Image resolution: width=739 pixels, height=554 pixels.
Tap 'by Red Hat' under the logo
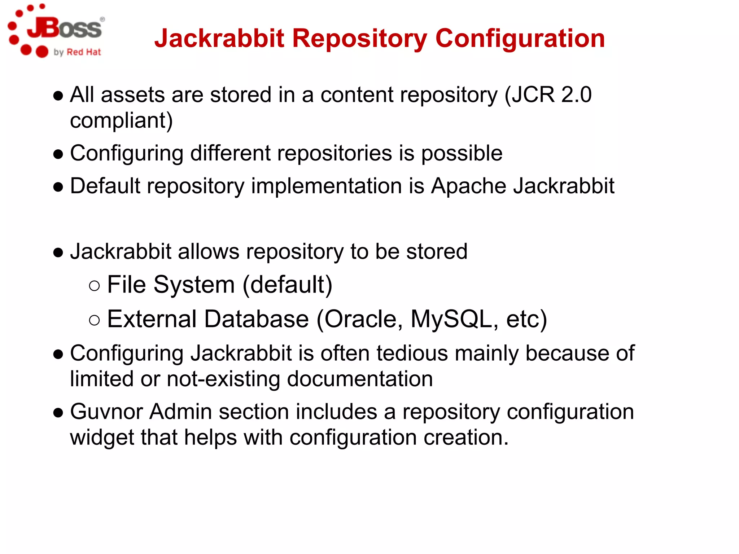point(77,52)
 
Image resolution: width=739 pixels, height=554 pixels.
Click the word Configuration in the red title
point(520,39)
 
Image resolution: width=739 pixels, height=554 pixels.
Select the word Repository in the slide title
point(359,39)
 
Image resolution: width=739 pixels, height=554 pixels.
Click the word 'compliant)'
point(121,120)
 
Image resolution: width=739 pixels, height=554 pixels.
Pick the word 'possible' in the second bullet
point(462,153)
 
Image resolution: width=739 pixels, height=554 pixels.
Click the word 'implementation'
point(326,186)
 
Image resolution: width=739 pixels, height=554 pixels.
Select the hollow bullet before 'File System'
point(94,286)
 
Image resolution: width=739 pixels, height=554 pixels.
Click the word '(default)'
point(287,285)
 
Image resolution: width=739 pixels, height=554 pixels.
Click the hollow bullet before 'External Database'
point(94,320)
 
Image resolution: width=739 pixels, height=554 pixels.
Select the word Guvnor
point(106,412)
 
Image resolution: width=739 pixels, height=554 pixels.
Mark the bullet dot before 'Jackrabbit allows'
point(58,253)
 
